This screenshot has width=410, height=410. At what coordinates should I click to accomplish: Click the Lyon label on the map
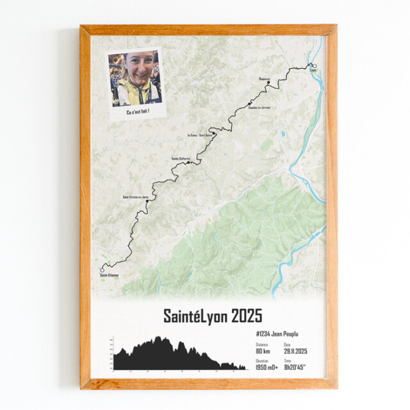(313, 70)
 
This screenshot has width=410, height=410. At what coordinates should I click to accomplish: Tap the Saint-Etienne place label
(109, 275)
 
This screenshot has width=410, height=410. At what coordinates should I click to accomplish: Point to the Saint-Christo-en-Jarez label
(135, 196)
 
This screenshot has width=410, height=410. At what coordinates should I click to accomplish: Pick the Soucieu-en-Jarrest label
(259, 108)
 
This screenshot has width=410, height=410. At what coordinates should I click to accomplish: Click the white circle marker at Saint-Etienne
(101, 270)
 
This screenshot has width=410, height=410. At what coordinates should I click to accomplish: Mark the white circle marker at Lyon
(314, 65)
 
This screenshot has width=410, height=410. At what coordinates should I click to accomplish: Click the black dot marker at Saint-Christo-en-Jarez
(147, 201)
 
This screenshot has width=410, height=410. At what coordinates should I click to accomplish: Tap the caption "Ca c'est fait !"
(137, 112)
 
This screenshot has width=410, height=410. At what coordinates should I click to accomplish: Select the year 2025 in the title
(247, 316)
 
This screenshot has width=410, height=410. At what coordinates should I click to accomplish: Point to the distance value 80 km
(262, 350)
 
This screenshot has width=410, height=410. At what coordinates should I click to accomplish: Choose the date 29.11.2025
(296, 350)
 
